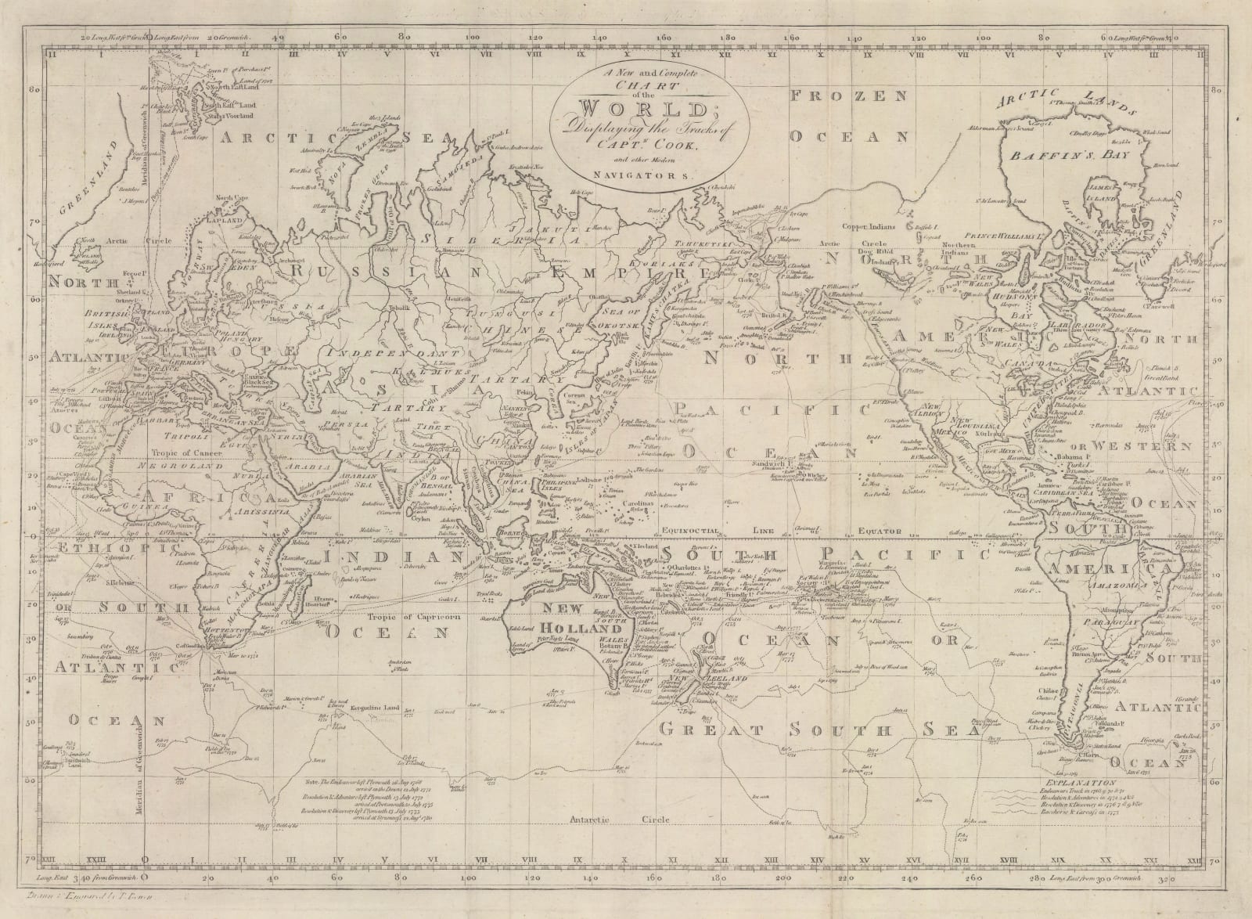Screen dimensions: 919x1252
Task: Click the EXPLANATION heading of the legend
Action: (1111, 782)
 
